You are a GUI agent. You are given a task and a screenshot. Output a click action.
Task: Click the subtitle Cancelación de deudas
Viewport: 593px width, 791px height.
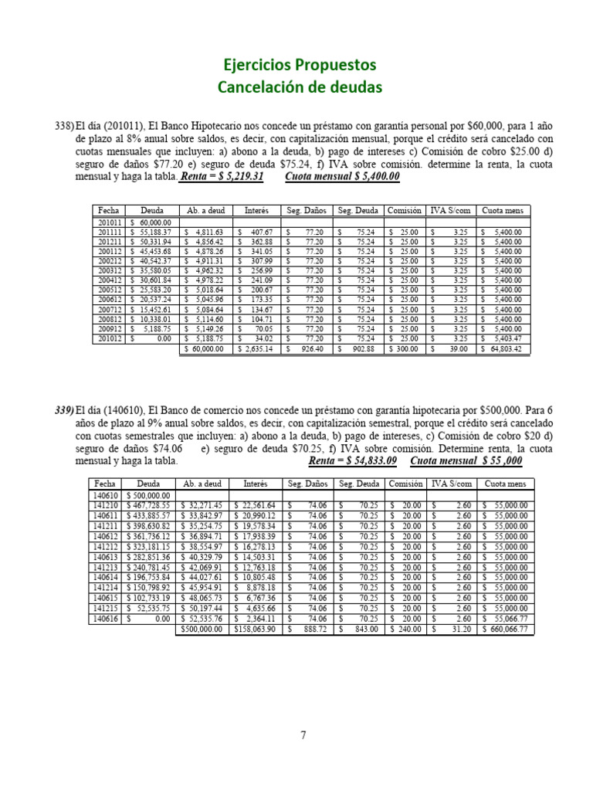300,87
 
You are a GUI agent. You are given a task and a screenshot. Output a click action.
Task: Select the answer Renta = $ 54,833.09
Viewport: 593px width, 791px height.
352,461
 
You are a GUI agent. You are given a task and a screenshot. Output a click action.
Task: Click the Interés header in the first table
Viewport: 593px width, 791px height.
256,209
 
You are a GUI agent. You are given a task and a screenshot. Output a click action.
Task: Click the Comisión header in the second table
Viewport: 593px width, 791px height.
405,484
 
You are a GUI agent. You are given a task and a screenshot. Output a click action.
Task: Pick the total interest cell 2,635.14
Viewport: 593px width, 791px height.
256,349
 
